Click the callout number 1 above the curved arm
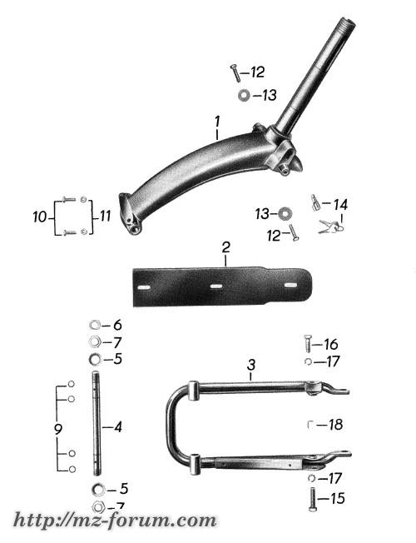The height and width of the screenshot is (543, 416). point(217,122)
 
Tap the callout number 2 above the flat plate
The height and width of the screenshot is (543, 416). point(225,247)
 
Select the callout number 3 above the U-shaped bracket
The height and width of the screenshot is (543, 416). point(251,365)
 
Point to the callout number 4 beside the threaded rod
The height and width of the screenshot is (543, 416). point(118,427)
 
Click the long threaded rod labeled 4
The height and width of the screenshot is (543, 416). point(97,423)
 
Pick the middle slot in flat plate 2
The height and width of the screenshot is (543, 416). point(216,286)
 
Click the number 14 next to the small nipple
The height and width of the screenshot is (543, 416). point(340,204)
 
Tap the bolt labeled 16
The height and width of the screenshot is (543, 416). point(308,343)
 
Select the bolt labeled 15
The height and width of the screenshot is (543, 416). point(313,499)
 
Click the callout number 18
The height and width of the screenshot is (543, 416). point(335,424)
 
